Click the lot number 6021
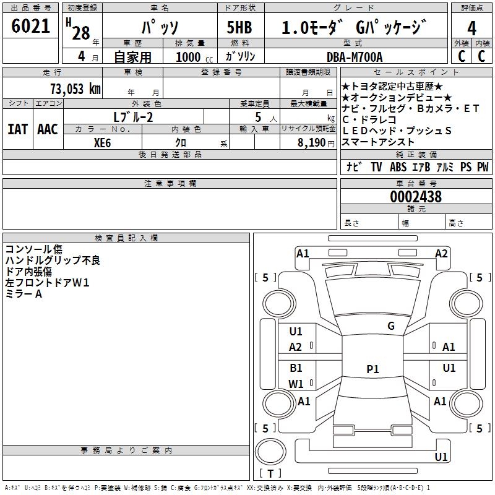(x=30, y=26)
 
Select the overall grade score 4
(x=471, y=28)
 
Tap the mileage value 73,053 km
(x=75, y=89)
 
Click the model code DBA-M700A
(x=355, y=57)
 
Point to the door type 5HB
(x=239, y=27)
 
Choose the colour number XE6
(x=102, y=143)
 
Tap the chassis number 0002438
(x=416, y=197)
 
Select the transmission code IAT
(x=18, y=129)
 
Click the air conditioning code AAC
(x=48, y=129)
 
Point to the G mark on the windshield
(x=391, y=326)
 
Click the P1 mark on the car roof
(x=372, y=369)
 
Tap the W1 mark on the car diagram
(x=296, y=384)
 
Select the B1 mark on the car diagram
(x=296, y=368)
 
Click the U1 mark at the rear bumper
(x=441, y=457)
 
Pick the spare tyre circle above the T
(x=270, y=452)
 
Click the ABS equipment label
(x=398, y=166)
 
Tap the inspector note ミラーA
(x=24, y=294)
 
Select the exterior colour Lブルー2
(x=133, y=117)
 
